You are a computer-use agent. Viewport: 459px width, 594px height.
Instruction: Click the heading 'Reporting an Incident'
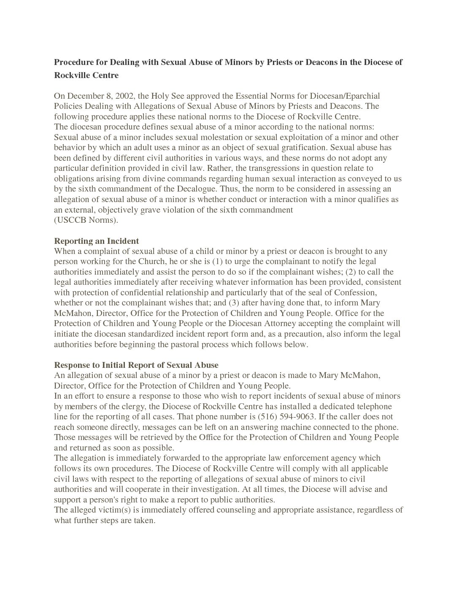coord(96,241)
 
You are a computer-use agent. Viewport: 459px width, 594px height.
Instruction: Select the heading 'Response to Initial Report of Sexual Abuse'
coord(136,365)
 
